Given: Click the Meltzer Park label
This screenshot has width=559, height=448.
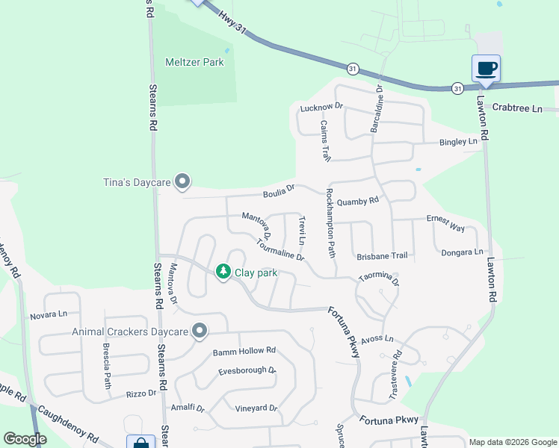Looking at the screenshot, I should [194, 63].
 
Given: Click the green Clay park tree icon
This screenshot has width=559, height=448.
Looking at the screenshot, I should [223, 272].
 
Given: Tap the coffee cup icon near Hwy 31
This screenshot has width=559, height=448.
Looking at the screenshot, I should [486, 69].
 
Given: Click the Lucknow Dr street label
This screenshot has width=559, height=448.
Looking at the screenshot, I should [321, 108].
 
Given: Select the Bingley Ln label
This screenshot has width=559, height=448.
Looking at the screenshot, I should [458, 141].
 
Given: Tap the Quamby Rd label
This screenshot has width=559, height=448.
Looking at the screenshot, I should [358, 201].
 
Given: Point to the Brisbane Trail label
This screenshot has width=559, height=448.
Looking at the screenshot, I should [382, 255].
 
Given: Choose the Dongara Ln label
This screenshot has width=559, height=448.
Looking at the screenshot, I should [462, 252].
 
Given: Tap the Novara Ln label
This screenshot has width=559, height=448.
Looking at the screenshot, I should [49, 316].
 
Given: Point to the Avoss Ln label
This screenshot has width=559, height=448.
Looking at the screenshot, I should [377, 338].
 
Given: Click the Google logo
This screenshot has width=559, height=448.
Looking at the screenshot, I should [25, 439].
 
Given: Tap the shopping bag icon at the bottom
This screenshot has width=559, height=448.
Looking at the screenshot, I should [140, 442].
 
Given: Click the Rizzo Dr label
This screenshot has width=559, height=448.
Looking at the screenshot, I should [141, 393].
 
